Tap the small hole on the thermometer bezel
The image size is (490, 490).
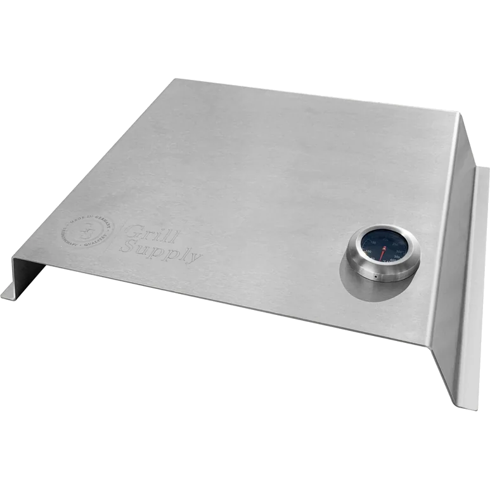click(x=376, y=278)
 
